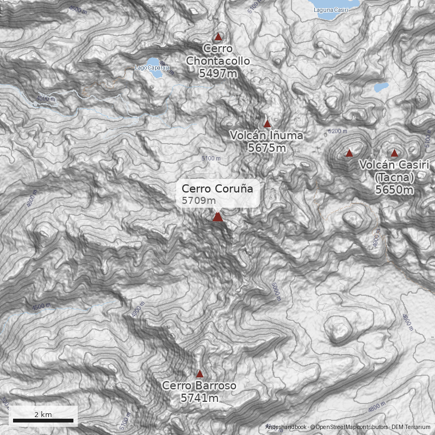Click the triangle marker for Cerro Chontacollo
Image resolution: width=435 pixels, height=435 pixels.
coord(218,37)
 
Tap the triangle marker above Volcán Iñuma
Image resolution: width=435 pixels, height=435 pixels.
coord(267,124)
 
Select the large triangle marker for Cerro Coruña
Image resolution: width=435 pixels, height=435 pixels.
coord(218,217)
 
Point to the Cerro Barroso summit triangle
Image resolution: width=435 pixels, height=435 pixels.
coord(200,374)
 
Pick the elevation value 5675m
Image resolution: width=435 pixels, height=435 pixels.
coord(267,147)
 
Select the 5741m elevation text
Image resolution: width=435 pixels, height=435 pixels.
coord(200,399)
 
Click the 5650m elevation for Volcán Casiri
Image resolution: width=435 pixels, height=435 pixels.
coord(394,190)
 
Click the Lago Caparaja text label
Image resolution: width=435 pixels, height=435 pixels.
coord(152,68)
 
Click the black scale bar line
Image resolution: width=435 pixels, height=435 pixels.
coord(43,420)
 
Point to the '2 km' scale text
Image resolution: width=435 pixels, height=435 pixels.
coord(43,414)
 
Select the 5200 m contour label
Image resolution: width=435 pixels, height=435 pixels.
coord(338,131)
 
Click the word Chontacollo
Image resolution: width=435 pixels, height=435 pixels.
coord(218,61)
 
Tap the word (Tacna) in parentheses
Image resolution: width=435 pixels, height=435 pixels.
coord(394,178)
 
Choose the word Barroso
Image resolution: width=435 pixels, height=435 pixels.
coord(215,386)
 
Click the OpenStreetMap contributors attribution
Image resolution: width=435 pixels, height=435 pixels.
coord(348,427)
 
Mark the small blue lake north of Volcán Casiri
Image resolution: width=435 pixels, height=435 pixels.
coord(382,87)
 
